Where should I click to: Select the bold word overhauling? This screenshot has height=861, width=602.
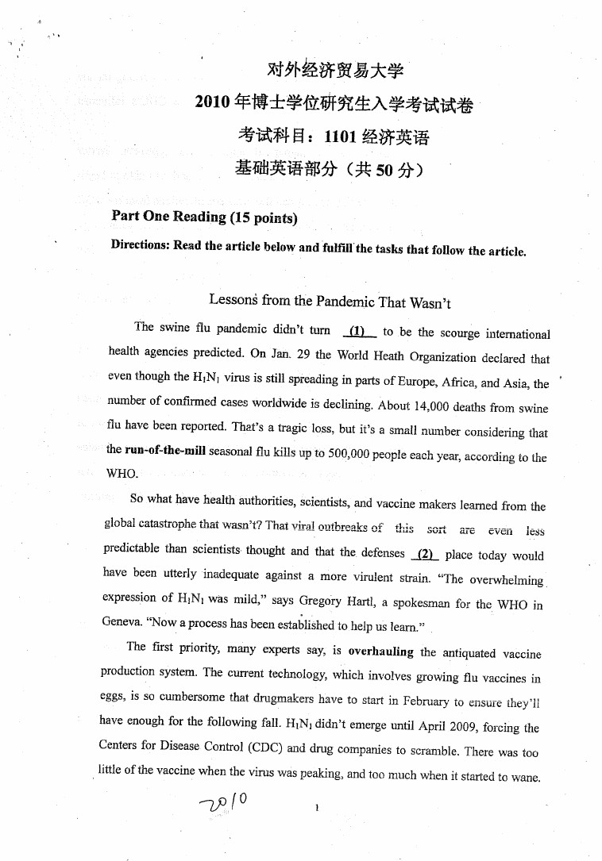(381, 652)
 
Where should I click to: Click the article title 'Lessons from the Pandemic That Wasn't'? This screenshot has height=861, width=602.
(330, 301)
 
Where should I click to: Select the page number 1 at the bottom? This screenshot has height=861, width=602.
(317, 808)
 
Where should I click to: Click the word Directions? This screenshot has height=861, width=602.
(140, 244)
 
